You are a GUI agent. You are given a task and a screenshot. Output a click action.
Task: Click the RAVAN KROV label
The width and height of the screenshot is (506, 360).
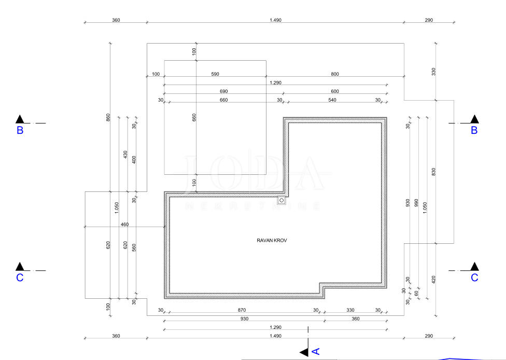[x=272, y=241]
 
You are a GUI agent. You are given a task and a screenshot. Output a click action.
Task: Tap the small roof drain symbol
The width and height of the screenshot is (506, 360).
[x=282, y=201]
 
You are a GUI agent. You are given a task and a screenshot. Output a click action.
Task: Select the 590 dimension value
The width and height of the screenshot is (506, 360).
[x=215, y=74]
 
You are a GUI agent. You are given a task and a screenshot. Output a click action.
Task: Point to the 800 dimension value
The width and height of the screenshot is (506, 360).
[x=335, y=74]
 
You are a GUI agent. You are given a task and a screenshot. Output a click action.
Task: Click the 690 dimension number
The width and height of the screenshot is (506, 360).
[x=223, y=91]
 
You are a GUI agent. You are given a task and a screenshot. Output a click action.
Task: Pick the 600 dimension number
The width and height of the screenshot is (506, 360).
[x=335, y=91]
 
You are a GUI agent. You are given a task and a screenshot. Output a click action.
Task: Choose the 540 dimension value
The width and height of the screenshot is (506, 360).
[x=332, y=100]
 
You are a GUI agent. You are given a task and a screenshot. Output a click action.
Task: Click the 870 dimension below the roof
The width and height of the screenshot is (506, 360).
[x=242, y=310]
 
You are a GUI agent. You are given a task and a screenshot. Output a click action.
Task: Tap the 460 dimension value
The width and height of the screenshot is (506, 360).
[x=124, y=225]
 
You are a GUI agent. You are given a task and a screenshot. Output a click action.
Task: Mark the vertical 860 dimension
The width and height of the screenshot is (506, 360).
[x=108, y=118]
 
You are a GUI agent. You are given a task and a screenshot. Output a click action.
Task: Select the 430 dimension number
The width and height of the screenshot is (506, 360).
[x=125, y=155]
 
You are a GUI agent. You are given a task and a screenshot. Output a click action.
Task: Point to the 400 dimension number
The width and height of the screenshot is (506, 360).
[x=134, y=160]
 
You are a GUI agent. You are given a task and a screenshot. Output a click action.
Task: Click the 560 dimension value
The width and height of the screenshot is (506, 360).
[x=134, y=247]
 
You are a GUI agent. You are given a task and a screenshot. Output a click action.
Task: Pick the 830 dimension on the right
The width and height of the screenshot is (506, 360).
[x=433, y=172]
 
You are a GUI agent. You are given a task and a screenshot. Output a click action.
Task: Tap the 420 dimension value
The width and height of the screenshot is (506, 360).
[x=433, y=280]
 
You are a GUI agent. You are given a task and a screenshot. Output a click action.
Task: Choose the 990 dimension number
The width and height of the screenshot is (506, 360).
[x=416, y=203]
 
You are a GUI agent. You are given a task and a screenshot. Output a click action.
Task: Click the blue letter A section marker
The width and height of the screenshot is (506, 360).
[x=316, y=351]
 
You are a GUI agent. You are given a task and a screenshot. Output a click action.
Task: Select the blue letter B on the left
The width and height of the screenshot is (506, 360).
[x=20, y=130]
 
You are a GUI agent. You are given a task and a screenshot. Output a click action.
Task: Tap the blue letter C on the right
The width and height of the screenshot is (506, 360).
[x=474, y=278]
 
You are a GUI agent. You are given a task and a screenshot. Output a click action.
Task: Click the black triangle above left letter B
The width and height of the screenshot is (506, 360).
[x=20, y=119]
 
